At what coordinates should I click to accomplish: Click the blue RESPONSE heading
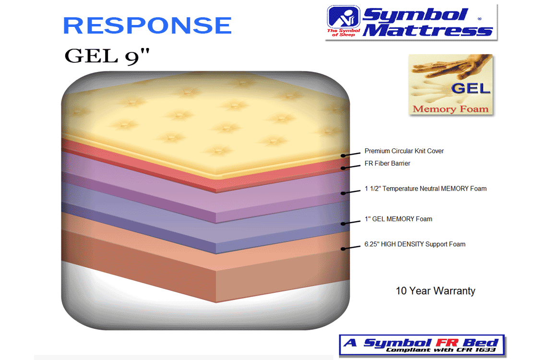click(x=147, y=25)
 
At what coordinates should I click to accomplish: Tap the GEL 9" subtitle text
click(x=107, y=56)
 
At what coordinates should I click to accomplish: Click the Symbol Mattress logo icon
click(x=343, y=17)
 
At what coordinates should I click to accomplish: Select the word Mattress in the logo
click(x=428, y=30)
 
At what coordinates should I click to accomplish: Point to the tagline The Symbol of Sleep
click(x=343, y=33)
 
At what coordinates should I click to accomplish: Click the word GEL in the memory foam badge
click(x=471, y=88)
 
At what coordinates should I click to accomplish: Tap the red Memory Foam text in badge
click(x=451, y=109)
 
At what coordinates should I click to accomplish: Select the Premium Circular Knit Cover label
click(x=404, y=151)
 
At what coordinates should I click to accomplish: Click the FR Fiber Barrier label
click(x=387, y=163)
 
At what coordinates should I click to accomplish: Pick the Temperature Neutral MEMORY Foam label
click(x=426, y=189)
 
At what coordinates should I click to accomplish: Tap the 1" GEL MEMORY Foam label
click(x=398, y=219)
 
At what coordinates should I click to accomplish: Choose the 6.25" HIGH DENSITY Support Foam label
click(x=415, y=244)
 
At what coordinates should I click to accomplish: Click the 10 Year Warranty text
click(x=435, y=291)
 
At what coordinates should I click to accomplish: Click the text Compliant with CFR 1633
click(x=440, y=350)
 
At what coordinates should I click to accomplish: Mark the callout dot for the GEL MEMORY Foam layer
click(x=343, y=224)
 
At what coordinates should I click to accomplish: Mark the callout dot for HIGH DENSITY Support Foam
click(x=343, y=249)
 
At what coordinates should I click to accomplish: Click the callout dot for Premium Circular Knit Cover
click(x=343, y=156)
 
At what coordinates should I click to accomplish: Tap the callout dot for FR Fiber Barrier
click(x=343, y=168)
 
